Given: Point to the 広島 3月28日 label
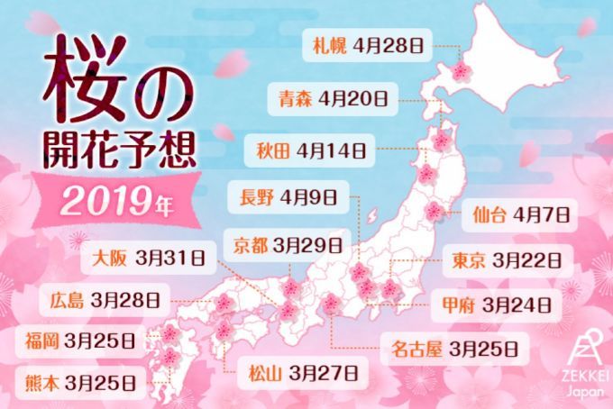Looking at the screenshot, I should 105,298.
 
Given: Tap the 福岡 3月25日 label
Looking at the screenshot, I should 81,340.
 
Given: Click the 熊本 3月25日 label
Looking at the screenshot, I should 81,378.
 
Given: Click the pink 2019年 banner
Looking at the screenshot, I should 112,199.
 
